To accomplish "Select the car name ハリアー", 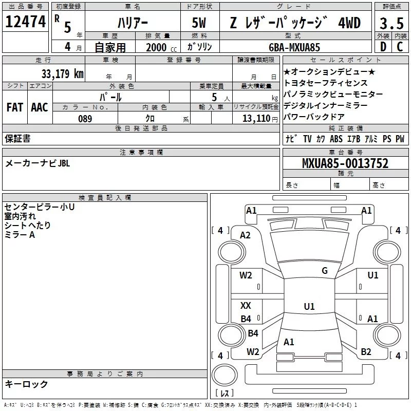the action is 131,23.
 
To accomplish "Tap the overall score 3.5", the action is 390,23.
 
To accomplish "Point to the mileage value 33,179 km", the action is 62,73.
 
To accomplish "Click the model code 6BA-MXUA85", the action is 294,47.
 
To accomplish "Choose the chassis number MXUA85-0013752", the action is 345,164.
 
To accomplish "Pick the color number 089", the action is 85,119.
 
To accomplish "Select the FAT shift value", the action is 15,107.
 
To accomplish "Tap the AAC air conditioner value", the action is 39,107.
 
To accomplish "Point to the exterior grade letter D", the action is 383,47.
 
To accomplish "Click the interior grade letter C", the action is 400,47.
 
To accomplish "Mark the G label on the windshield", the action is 324,271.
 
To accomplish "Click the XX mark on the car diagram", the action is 246,305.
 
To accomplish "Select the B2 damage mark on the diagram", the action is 366,351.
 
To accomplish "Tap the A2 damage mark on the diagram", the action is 245,235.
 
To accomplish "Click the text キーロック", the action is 26,384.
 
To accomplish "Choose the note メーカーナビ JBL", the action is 37,163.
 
